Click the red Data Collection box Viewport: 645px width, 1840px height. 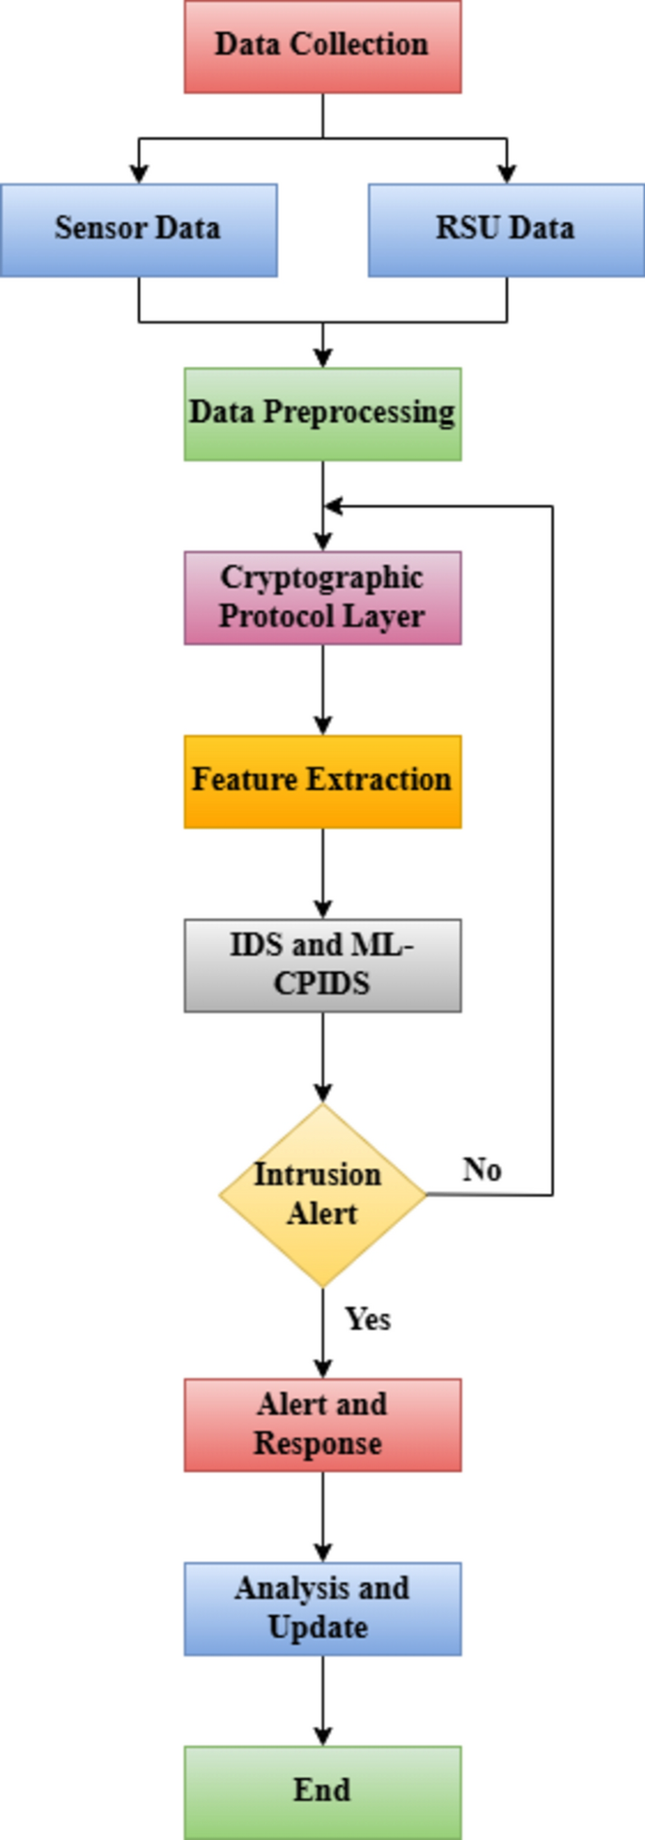point(322,46)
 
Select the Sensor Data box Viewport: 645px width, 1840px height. point(138,230)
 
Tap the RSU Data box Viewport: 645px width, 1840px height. point(506,230)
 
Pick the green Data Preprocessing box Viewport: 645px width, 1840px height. point(322,413)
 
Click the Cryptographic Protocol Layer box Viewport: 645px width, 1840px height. point(322,597)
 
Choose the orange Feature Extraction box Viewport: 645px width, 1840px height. point(322,782)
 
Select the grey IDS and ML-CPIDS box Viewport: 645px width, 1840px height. point(322,965)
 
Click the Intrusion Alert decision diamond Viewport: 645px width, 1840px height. point(322,1194)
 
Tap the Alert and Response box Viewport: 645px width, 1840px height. point(322,1425)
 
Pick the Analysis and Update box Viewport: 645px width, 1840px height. point(322,1608)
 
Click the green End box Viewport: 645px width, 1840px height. point(322,1791)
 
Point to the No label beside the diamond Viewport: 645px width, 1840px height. point(482,1170)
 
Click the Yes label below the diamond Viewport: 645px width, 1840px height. point(367,1319)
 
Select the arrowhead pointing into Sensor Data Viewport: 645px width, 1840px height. point(139,173)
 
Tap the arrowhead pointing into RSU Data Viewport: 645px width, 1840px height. point(507,173)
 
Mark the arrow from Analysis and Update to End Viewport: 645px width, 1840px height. point(323,1700)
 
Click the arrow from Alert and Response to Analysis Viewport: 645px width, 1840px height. point(323,1516)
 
